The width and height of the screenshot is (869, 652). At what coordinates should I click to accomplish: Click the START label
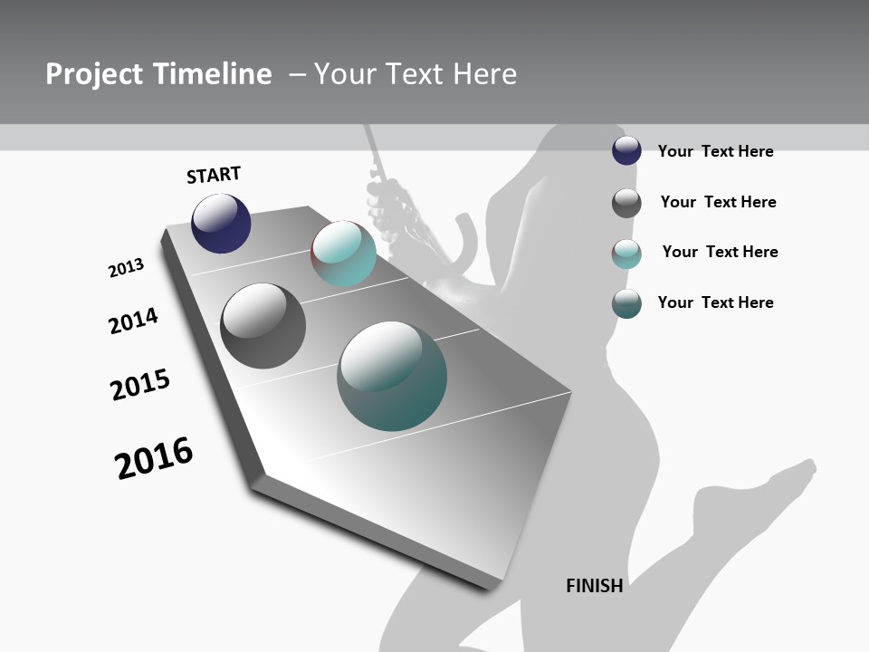[214, 175]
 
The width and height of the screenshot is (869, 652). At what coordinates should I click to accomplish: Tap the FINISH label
[594, 586]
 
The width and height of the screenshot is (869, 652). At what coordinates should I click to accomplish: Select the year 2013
[126, 268]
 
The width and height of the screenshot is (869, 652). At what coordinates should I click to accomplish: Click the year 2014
[133, 321]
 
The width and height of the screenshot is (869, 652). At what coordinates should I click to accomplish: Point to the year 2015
[140, 385]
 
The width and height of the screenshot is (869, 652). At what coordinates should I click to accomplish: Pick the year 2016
[154, 458]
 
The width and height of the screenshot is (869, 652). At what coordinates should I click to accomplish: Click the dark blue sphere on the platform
[221, 224]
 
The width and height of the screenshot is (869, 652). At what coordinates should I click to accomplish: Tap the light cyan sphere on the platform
[343, 254]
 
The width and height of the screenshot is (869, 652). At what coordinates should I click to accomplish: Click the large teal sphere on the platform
[392, 376]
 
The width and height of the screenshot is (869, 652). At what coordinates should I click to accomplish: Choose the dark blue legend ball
[626, 151]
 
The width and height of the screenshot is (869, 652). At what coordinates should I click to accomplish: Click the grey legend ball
[626, 203]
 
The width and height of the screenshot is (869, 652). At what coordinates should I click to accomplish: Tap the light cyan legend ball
[626, 254]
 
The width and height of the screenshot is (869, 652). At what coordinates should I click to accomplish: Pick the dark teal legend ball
[626, 303]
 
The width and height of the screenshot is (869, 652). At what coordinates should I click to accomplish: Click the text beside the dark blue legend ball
[715, 151]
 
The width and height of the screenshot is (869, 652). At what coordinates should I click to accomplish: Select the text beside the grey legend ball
[718, 202]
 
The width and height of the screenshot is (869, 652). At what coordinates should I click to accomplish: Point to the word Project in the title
[94, 74]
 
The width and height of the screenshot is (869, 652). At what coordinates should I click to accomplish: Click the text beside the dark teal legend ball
[715, 302]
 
